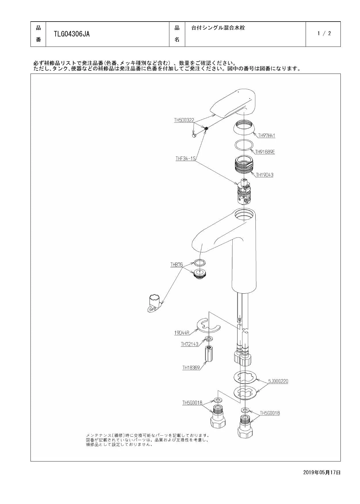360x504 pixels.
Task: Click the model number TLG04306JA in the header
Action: pos(72,34)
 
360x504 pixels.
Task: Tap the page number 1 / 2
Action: pos(324,33)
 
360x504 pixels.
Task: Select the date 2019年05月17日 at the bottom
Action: pos(322,472)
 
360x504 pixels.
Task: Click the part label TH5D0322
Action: pos(184,120)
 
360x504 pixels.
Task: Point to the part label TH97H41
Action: pos(267,135)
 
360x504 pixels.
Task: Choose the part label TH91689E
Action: pos(265,152)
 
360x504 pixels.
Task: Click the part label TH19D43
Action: pos(265,175)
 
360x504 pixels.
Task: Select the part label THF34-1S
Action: pos(185,158)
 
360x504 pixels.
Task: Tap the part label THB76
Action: pos(177,265)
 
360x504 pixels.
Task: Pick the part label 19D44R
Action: pos(182,333)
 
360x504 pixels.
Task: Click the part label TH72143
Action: pos(189,344)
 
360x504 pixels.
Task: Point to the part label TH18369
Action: pos(191,367)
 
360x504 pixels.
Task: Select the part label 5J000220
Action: pos(278,381)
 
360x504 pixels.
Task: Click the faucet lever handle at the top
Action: pos(233,103)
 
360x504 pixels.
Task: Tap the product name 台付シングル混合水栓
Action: pos(218,28)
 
